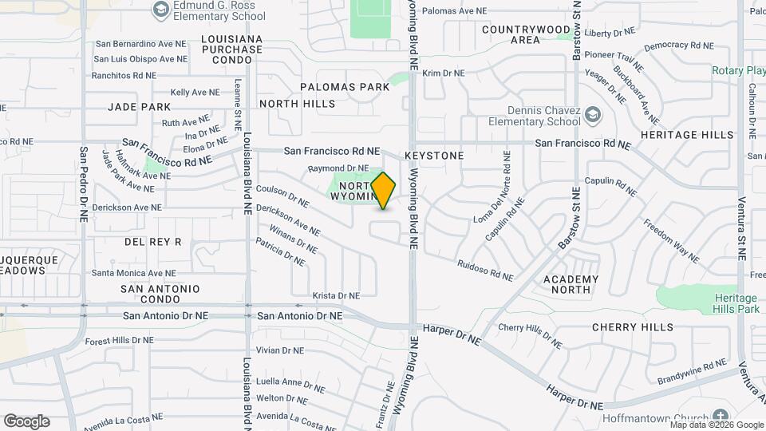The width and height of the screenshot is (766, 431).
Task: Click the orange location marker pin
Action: [384, 190]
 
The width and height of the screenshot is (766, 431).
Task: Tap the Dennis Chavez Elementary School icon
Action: [592, 116]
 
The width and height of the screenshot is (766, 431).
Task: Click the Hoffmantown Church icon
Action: [721, 416]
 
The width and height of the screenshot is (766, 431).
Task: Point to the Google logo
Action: [26, 421]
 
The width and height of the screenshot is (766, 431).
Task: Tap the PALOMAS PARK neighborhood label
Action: [345, 86]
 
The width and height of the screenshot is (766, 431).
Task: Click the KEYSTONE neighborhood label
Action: [434, 156]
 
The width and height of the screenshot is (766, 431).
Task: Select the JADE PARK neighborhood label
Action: [140, 107]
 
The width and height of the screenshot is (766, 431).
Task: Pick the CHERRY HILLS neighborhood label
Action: [633, 327]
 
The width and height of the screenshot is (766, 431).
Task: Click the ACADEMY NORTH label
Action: [571, 284]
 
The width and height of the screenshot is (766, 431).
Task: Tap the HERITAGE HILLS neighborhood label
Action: [686, 135]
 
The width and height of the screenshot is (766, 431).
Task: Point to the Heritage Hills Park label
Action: [736, 302]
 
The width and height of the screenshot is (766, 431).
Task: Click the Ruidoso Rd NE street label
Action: [485, 270]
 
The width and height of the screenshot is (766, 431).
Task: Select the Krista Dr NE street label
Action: [336, 295]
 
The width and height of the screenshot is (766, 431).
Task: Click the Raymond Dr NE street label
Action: [338, 168]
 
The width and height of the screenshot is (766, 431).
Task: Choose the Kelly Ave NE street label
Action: [195, 93]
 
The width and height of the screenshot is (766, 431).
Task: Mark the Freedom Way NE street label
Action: [672, 243]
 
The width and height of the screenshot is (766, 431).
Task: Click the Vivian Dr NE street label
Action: [280, 350]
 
